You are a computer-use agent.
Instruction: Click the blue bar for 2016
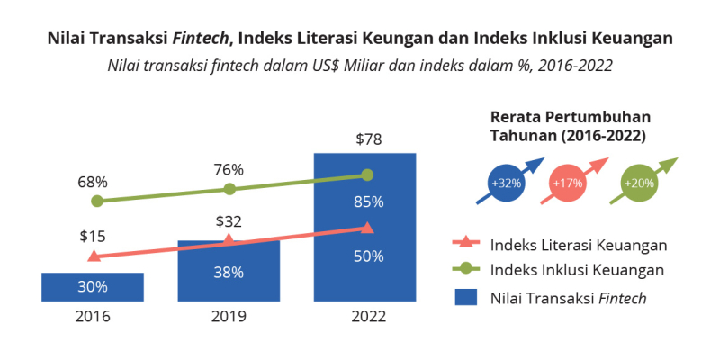[x=93, y=286]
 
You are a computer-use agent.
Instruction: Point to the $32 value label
[x=229, y=221]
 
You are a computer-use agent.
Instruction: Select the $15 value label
[x=93, y=237]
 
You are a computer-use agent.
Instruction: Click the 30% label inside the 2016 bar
[x=93, y=287]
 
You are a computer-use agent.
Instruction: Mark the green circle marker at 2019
[x=229, y=189]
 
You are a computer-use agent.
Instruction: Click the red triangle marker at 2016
[x=93, y=256]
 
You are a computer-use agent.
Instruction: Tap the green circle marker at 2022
[x=366, y=175]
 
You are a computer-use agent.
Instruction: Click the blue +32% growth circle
[x=507, y=183]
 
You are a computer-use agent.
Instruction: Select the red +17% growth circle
[x=568, y=183]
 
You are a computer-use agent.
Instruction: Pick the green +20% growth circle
[x=640, y=183]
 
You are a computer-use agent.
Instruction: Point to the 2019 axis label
[x=229, y=317]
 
